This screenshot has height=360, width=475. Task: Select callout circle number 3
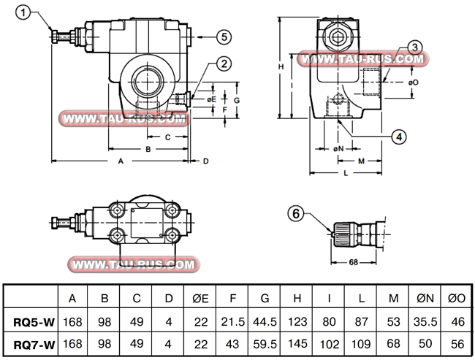[x=414, y=47]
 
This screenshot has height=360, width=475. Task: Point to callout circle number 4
[x=398, y=135]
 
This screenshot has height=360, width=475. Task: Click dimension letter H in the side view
[x=281, y=66]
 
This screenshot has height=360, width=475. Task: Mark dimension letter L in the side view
[x=344, y=173]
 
